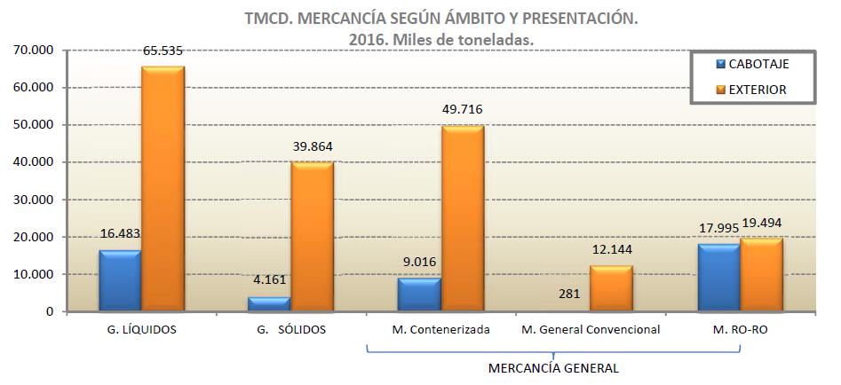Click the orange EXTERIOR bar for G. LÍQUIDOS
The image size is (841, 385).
point(163,189)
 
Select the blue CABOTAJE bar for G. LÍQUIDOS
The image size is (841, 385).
point(120,280)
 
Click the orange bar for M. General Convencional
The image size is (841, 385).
point(611,289)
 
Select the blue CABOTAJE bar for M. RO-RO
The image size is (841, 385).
point(719,278)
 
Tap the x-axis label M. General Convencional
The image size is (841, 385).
point(591,330)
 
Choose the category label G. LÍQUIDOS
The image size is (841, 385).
point(140,330)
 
